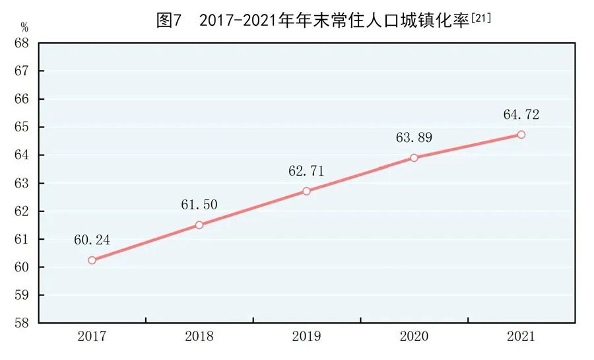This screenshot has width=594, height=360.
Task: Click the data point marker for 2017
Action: pos(92,260)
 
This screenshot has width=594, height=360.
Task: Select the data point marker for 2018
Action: pos(199,225)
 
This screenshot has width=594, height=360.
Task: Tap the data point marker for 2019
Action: pos(306,191)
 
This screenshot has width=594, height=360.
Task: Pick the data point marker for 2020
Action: pos(414,158)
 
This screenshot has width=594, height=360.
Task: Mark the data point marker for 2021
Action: pos(521,135)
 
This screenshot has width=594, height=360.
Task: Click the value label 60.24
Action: pos(92,240)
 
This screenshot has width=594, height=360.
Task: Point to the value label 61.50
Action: pos(199,205)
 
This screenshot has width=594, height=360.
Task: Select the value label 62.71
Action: pos(306,171)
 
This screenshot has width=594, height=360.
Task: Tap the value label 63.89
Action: pos(414,138)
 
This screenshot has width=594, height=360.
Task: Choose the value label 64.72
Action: pos(521,115)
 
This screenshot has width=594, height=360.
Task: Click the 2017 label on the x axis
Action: pos(92,337)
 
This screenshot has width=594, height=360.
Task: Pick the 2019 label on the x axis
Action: pos(306,337)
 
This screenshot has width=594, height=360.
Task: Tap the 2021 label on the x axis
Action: pos(521,337)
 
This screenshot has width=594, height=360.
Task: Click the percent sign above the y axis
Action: pos(25,27)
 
